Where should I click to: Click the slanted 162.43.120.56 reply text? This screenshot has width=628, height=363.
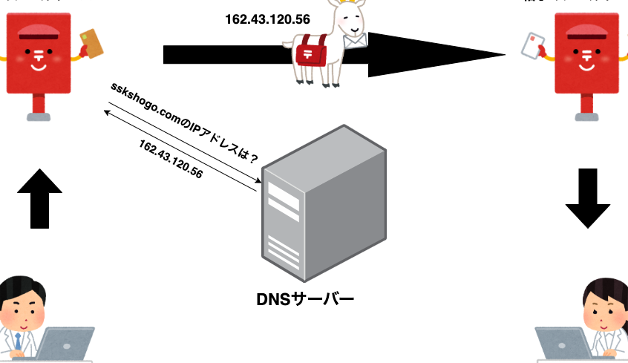tap(171, 157)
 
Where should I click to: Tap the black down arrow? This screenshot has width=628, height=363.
tap(587, 197)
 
